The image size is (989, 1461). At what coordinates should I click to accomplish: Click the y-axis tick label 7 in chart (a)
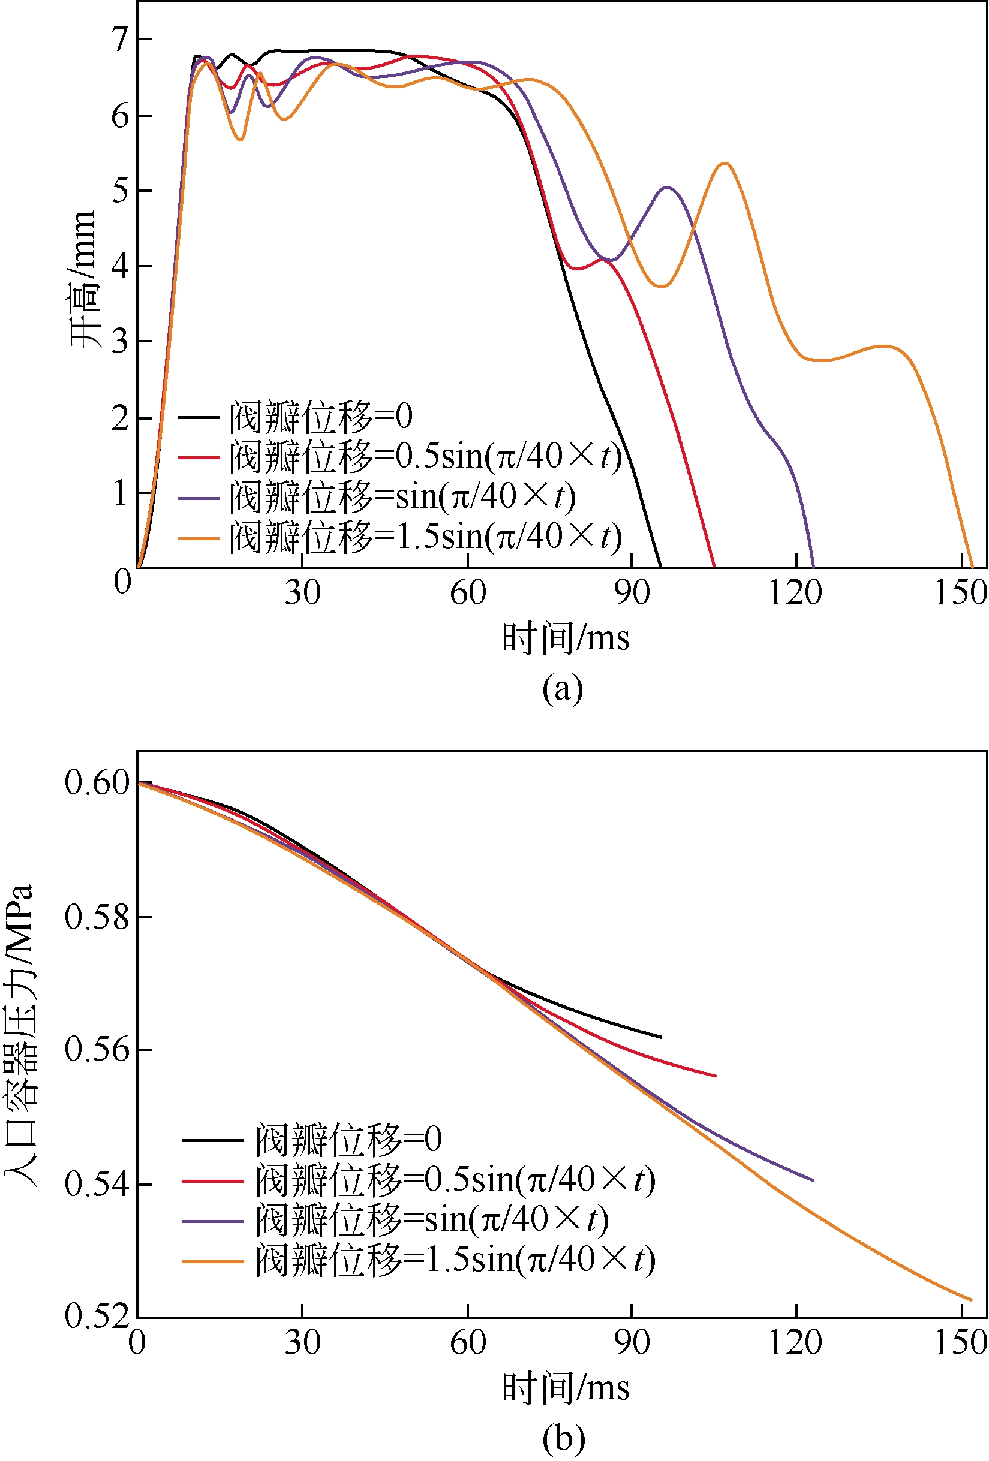pos(119,40)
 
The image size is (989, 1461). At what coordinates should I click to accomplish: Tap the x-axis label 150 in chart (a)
pos(960,592)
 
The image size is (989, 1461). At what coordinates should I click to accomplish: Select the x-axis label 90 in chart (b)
pos(632,1342)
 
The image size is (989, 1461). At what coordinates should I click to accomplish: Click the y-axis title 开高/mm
pos(83,280)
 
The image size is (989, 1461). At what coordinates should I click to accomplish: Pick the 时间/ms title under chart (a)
pos(565,638)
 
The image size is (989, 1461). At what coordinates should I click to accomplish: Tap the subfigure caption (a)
pos(562,688)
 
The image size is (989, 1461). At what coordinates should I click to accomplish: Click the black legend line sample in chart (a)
pos(199,417)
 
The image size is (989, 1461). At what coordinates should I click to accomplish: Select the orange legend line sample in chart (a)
pos(199,538)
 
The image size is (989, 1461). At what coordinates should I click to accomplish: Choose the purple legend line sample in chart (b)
pos(212,1221)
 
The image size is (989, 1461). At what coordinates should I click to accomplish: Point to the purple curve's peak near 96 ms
pos(667,187)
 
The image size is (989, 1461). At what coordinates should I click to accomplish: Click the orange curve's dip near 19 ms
pos(240,139)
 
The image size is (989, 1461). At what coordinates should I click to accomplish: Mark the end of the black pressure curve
pos(661,1037)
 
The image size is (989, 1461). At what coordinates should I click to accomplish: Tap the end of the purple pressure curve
pos(813,1180)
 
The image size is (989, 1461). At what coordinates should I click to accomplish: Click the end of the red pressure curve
pos(716,1076)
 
